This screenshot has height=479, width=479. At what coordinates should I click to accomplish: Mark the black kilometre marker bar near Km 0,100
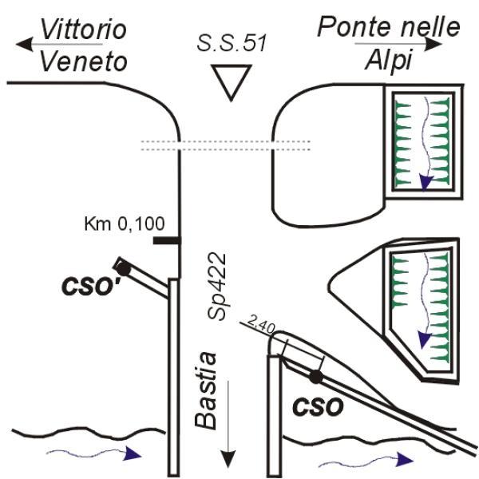pyautogui.click(x=167, y=239)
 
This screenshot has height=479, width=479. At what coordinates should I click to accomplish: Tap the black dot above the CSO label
pyautogui.click(x=317, y=375)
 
